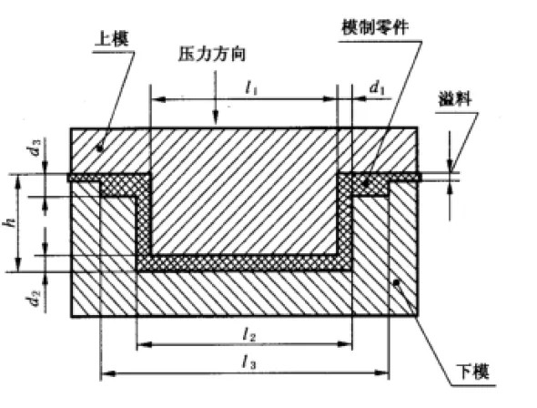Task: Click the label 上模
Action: pyautogui.click(x=112, y=40)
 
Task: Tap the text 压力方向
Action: pyautogui.click(x=212, y=54)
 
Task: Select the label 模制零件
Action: pyautogui.click(x=375, y=27)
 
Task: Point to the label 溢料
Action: pyautogui.click(x=455, y=99)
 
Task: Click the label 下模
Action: pyautogui.click(x=473, y=372)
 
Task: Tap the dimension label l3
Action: pyautogui.click(x=249, y=362)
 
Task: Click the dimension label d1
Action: pyautogui.click(x=377, y=88)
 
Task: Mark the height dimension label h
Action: pyautogui.click(x=9, y=223)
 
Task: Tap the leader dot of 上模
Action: pyautogui.click(x=99, y=148)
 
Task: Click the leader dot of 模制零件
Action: pyautogui.click(x=366, y=184)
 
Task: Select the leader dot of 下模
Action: pyautogui.click(x=396, y=282)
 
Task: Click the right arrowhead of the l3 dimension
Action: pyautogui.click(x=382, y=372)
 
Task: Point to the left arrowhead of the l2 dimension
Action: pyautogui.click(x=144, y=344)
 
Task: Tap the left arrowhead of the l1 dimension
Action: pyautogui.click(x=158, y=99)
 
